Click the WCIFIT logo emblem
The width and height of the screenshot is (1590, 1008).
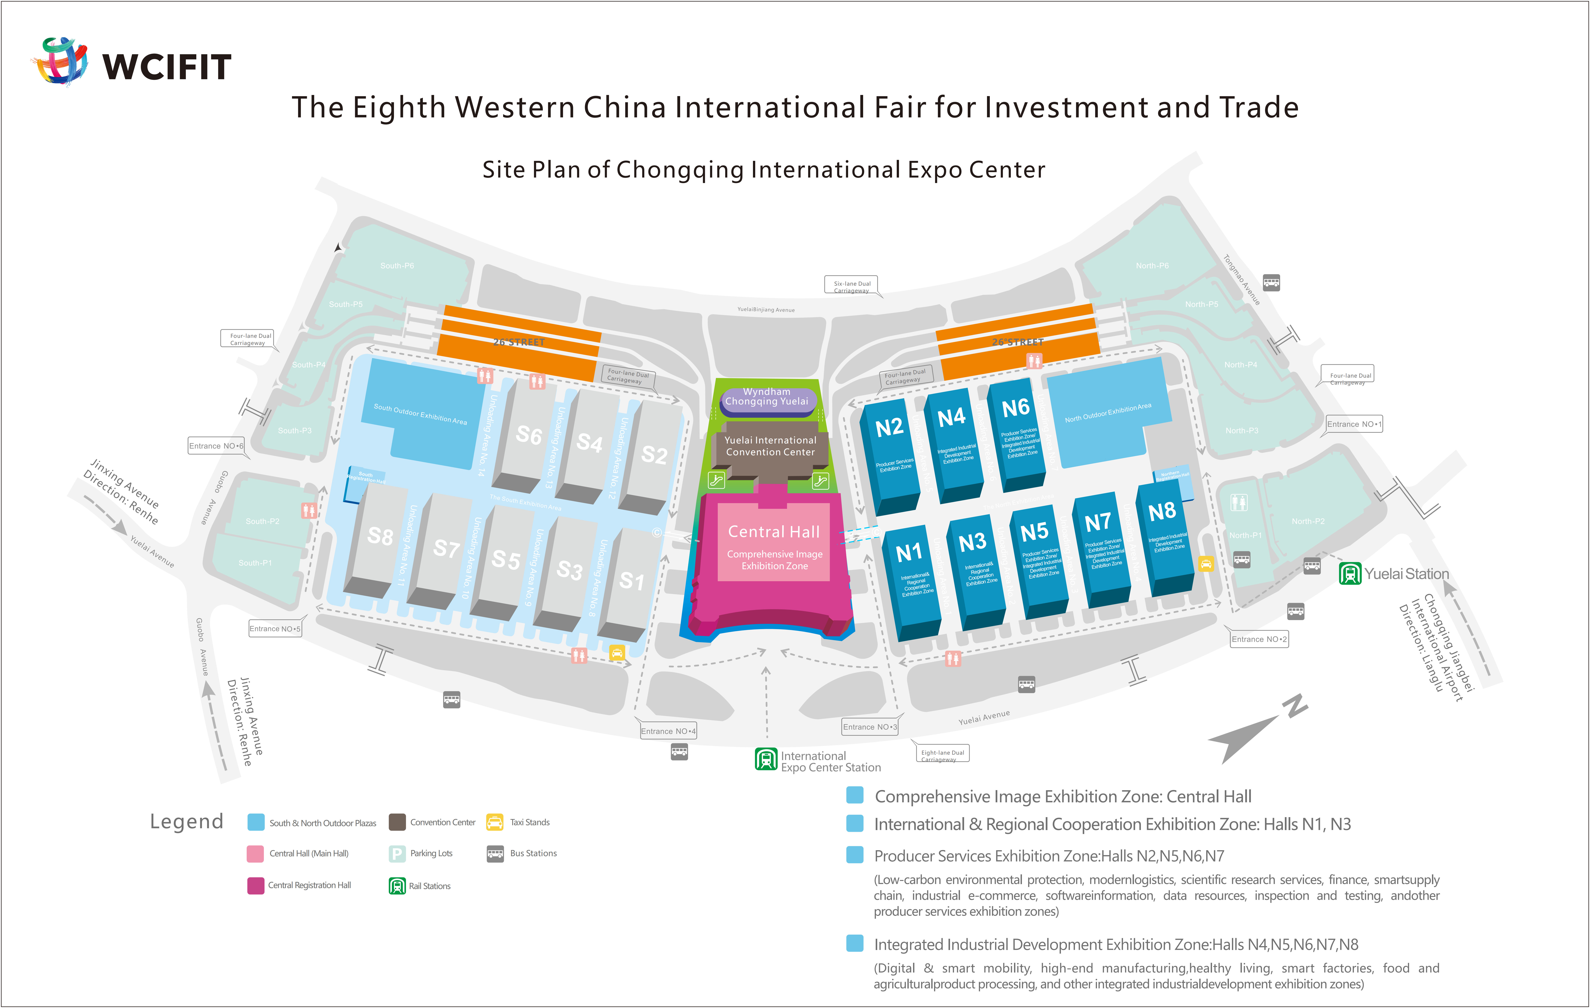pos(61,61)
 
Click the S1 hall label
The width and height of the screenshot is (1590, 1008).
pos(631,581)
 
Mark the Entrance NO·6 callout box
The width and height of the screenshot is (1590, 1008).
pos(216,446)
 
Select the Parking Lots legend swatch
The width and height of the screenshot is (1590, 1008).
pos(397,854)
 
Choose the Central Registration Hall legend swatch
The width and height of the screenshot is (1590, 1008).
pos(256,885)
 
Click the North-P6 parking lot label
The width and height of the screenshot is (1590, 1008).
pos(1152,265)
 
